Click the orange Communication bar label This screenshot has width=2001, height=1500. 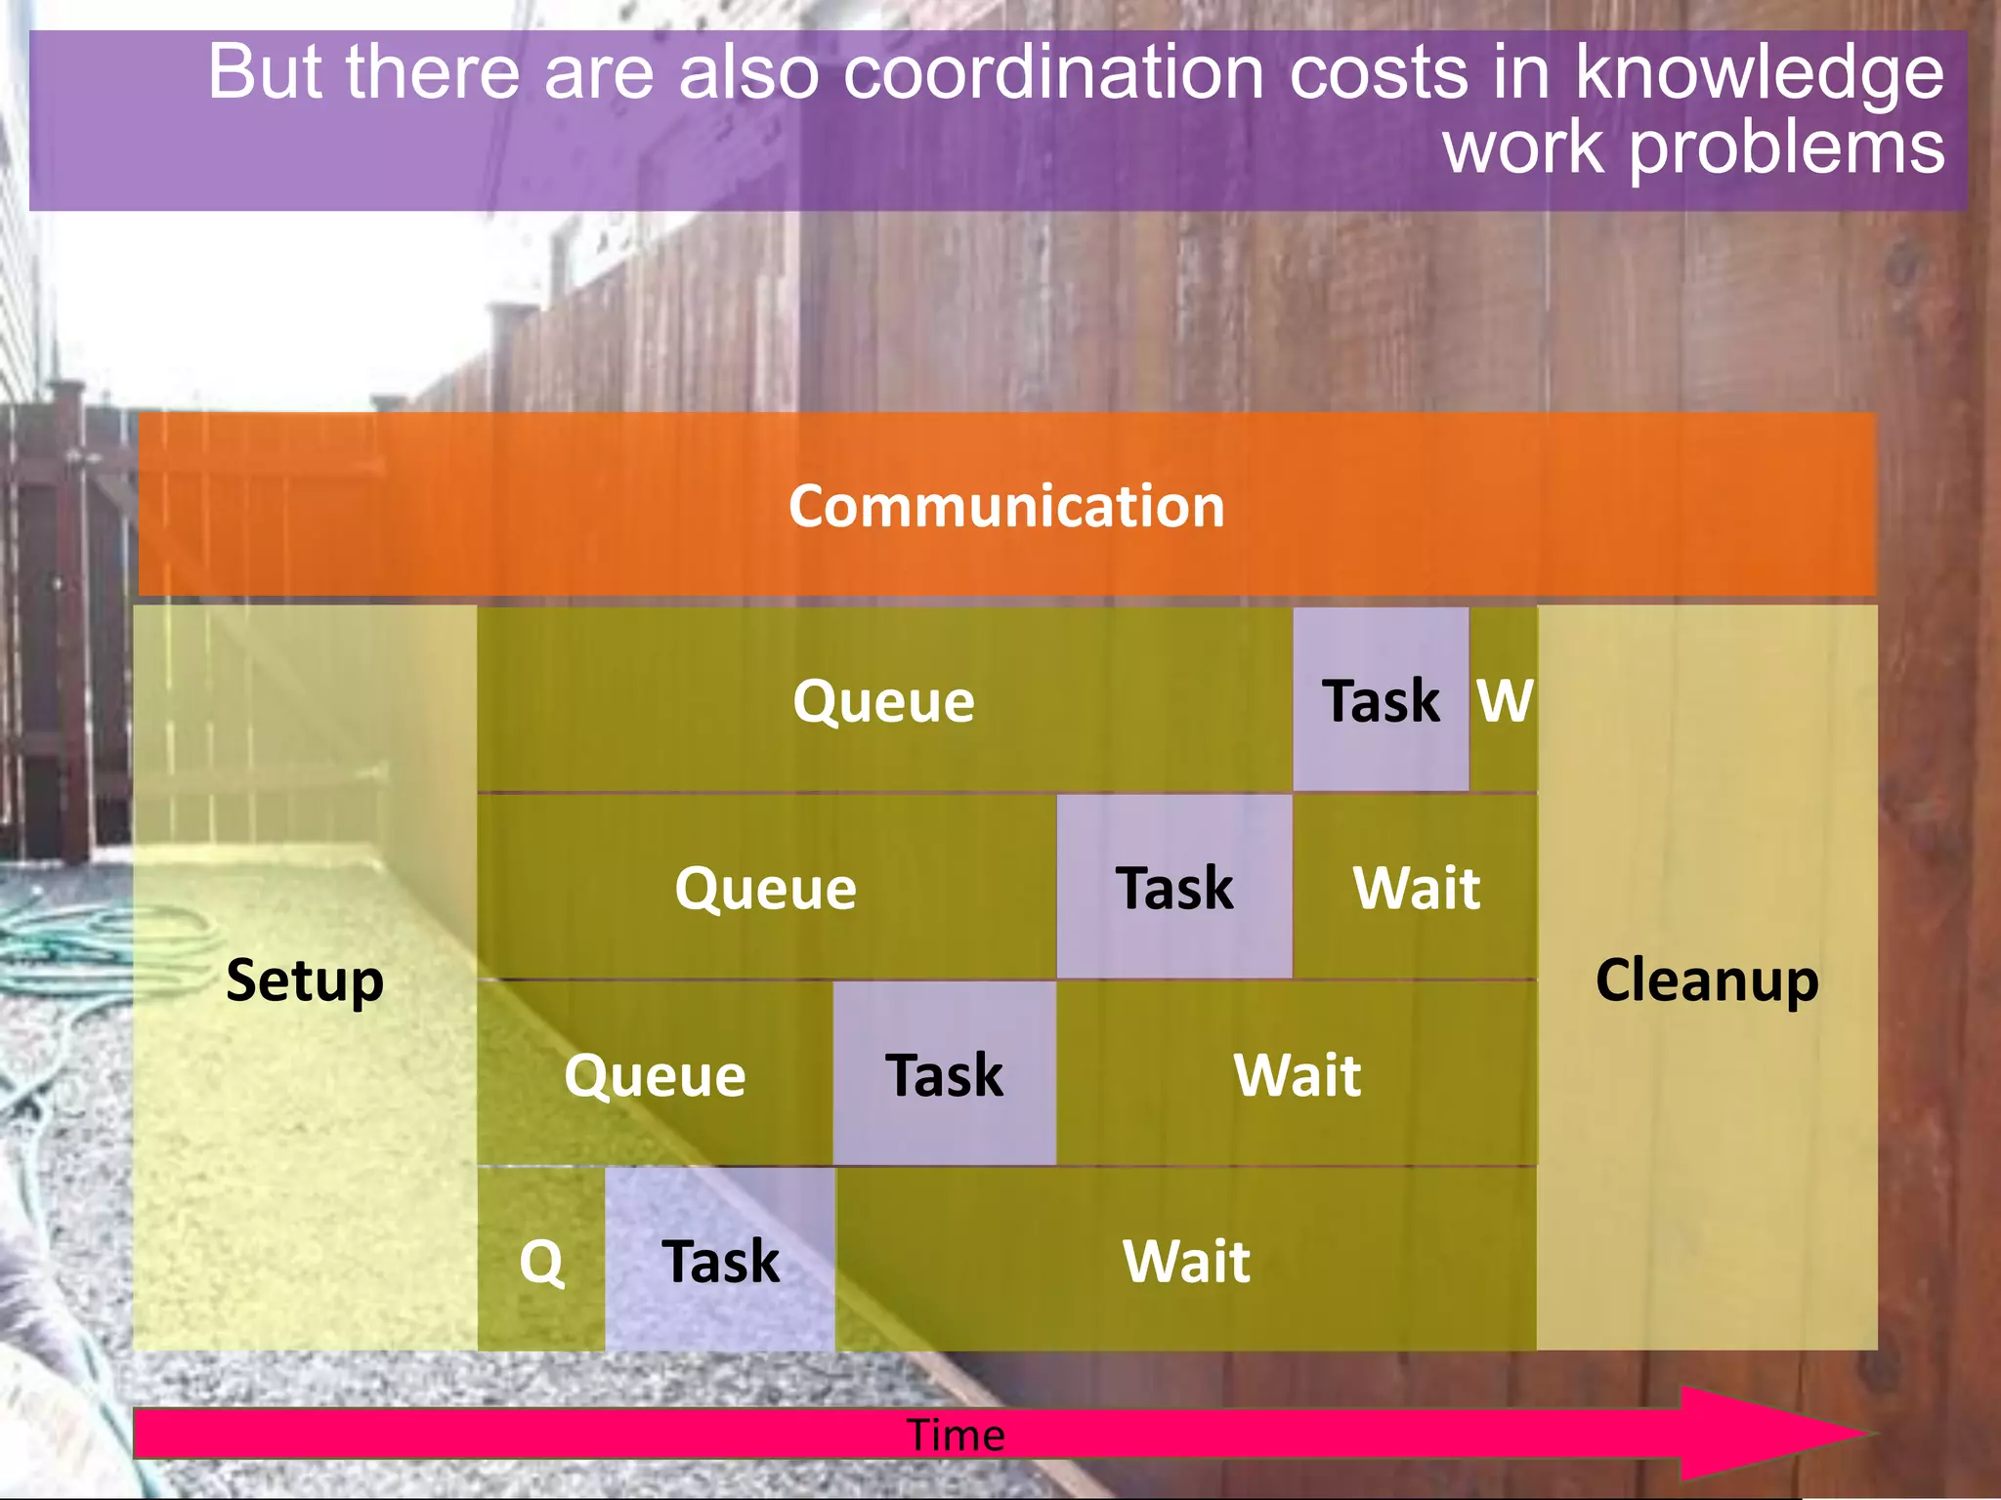point(1006,506)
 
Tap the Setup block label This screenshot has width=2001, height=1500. point(304,979)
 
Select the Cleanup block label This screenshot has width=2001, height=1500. point(1707,979)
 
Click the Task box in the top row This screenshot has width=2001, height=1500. point(1380,700)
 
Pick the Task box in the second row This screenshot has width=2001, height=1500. point(1173,888)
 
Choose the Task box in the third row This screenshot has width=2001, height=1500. point(944,1075)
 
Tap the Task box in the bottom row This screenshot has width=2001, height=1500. point(720,1261)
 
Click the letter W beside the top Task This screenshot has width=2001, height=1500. point(1504,700)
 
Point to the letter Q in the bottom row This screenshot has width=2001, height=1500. point(541,1261)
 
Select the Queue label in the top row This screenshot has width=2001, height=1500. point(883,700)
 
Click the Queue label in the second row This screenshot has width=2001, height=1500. point(765,888)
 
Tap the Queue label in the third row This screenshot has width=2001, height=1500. point(655,1075)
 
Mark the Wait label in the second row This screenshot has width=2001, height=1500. point(1416,888)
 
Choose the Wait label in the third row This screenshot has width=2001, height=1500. point(1297,1075)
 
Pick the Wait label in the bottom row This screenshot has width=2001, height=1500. point(1186,1261)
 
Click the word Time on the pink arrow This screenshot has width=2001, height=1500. point(956,1435)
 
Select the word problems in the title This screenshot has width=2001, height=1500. point(1786,148)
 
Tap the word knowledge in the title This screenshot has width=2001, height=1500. point(1760,72)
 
